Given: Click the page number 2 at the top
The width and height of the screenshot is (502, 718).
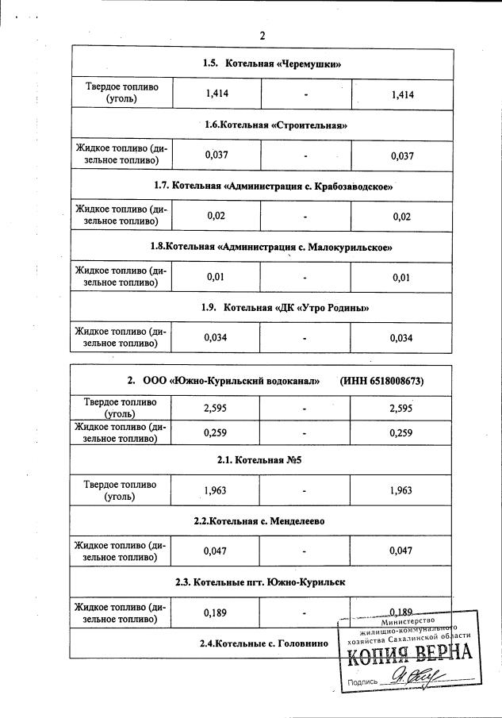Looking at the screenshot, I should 262,36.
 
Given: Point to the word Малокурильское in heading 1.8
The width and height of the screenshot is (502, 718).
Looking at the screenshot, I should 349,248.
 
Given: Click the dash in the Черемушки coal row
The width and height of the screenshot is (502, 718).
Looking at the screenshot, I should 305,96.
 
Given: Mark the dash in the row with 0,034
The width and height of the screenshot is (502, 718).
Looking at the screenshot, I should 305,340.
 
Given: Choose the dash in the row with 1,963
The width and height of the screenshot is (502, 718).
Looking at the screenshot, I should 305,492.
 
